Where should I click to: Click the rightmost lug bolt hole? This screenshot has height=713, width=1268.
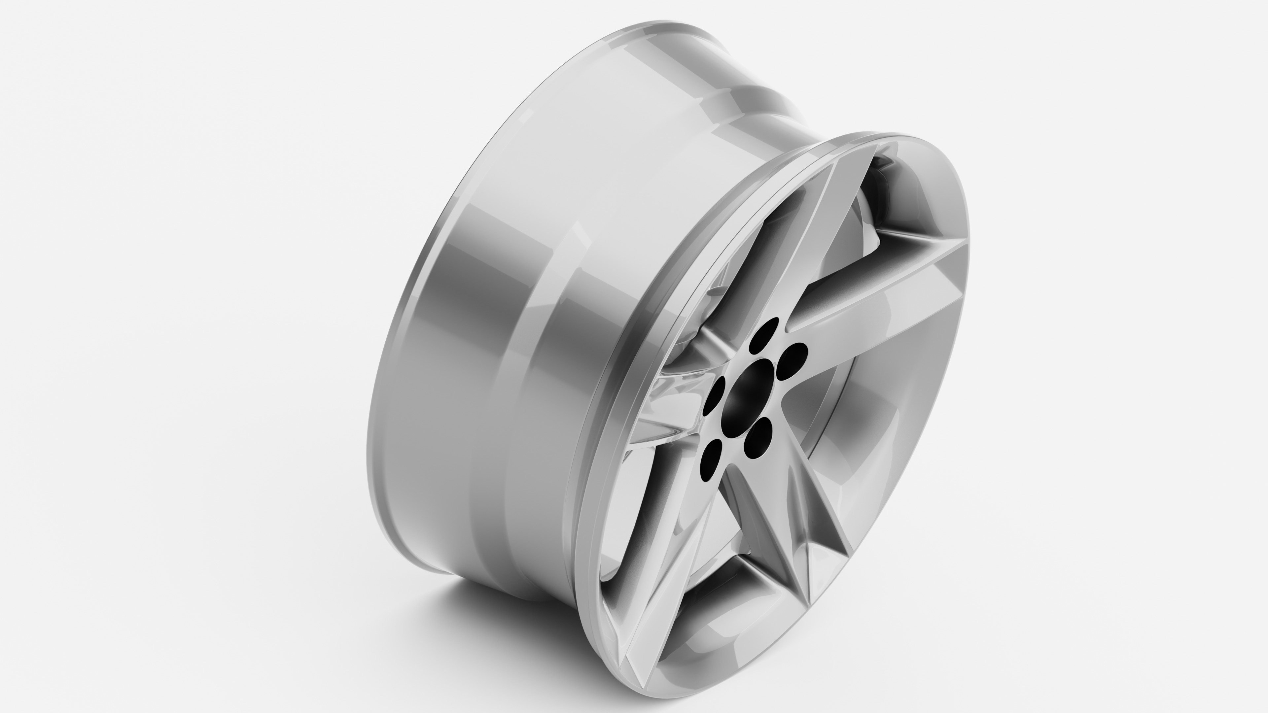click(792, 361)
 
